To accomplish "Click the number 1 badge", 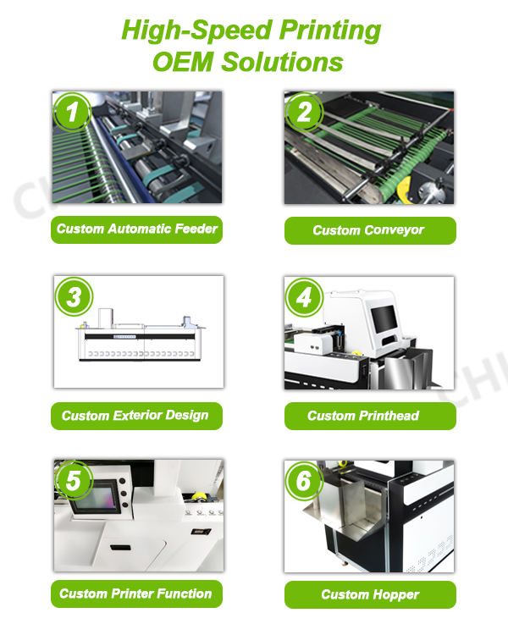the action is (x=73, y=112).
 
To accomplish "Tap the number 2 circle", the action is (x=304, y=112).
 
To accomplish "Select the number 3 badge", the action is (x=74, y=296).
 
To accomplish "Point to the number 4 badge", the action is (x=304, y=297).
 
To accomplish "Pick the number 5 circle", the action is (x=74, y=481).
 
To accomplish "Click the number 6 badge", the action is (x=304, y=481).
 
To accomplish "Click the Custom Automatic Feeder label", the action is (x=136, y=229).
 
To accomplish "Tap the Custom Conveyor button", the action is (x=370, y=230).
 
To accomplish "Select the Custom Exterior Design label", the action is (x=136, y=416).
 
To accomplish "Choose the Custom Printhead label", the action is (x=370, y=416).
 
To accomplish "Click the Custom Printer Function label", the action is (x=136, y=594).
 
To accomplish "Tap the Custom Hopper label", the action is (x=370, y=594).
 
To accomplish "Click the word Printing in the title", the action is (x=330, y=30).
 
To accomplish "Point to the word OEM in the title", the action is (x=183, y=62).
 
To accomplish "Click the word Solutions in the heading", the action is (x=282, y=62).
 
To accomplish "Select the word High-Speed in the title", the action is (x=197, y=30).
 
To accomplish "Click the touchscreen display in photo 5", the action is (x=96, y=497).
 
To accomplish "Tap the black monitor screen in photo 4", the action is (x=384, y=318).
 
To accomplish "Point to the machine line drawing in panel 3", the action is (x=141, y=334).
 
